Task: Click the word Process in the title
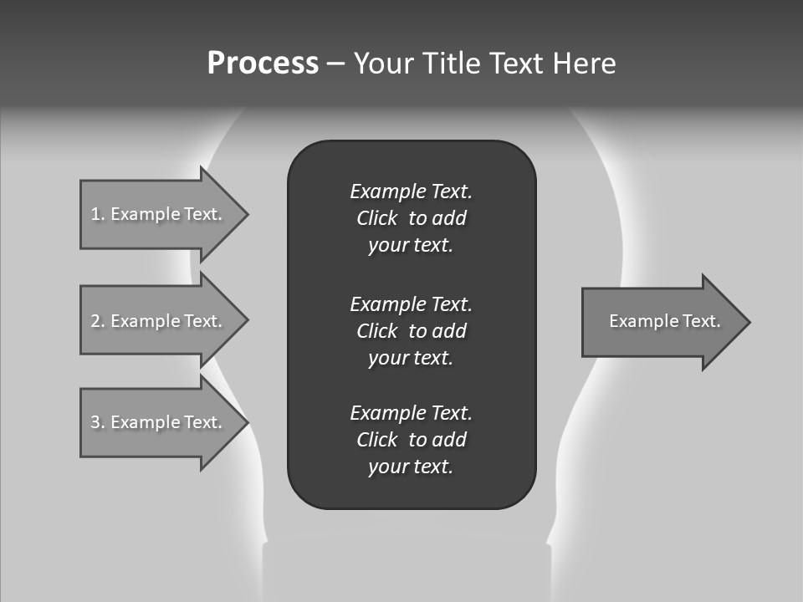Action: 263,64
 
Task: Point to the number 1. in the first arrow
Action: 97,214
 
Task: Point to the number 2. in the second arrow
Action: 97,321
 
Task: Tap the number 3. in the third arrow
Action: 97,422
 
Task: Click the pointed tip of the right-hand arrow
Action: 747,322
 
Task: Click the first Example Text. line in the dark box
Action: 411,191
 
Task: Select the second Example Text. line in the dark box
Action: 411,304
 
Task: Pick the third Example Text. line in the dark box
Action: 411,412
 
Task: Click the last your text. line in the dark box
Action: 411,467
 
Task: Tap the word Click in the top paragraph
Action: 377,218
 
